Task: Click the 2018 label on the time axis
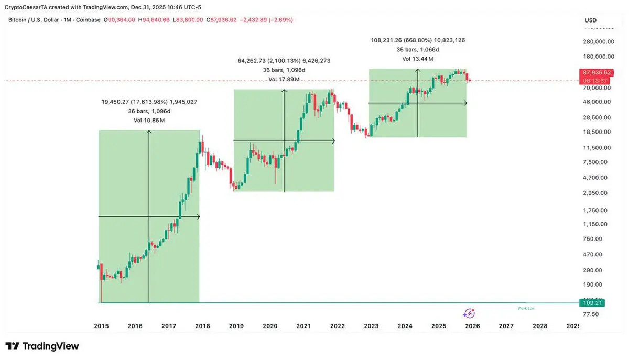click(202, 326)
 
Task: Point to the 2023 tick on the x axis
click(371, 326)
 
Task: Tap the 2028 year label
click(540, 326)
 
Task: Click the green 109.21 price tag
click(592, 303)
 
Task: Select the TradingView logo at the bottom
click(42, 346)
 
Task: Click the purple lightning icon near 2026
click(469, 313)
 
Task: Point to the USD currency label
click(590, 20)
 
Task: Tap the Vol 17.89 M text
click(284, 80)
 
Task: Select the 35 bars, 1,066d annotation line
click(418, 49)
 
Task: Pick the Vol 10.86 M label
click(149, 121)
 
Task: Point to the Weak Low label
click(526, 308)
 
